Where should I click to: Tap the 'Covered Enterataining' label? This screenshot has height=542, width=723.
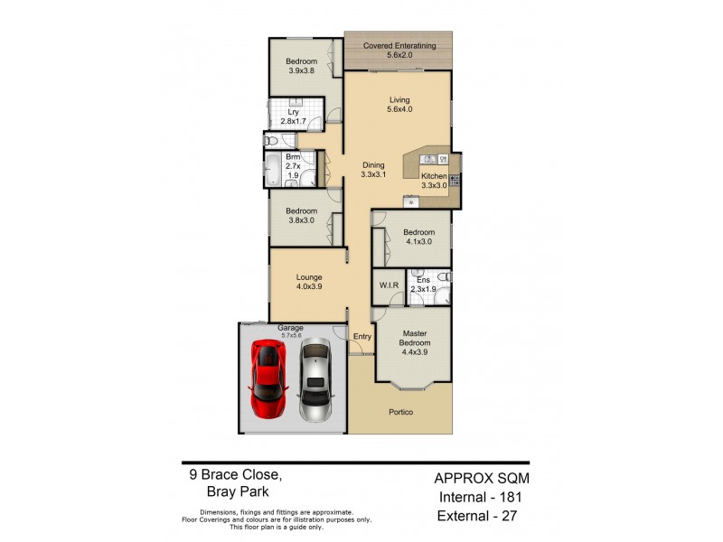pos(399,45)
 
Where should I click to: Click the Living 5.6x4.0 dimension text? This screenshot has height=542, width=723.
pos(399,109)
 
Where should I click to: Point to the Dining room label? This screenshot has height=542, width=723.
pos(373,165)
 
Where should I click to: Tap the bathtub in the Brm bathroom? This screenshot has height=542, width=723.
pos(271,169)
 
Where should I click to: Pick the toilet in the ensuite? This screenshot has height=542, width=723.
pos(441,277)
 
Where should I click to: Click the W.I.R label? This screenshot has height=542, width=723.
pos(389,285)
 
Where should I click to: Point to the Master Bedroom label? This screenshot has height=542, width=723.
pos(416,339)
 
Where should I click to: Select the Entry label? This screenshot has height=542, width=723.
pos(361,336)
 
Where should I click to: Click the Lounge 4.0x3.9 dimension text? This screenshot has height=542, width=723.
pos(307,287)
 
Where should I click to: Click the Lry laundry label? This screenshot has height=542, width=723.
pos(293,112)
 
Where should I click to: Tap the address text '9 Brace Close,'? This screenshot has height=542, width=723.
pos(232,473)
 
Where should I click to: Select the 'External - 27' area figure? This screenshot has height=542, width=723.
pos(480,516)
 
